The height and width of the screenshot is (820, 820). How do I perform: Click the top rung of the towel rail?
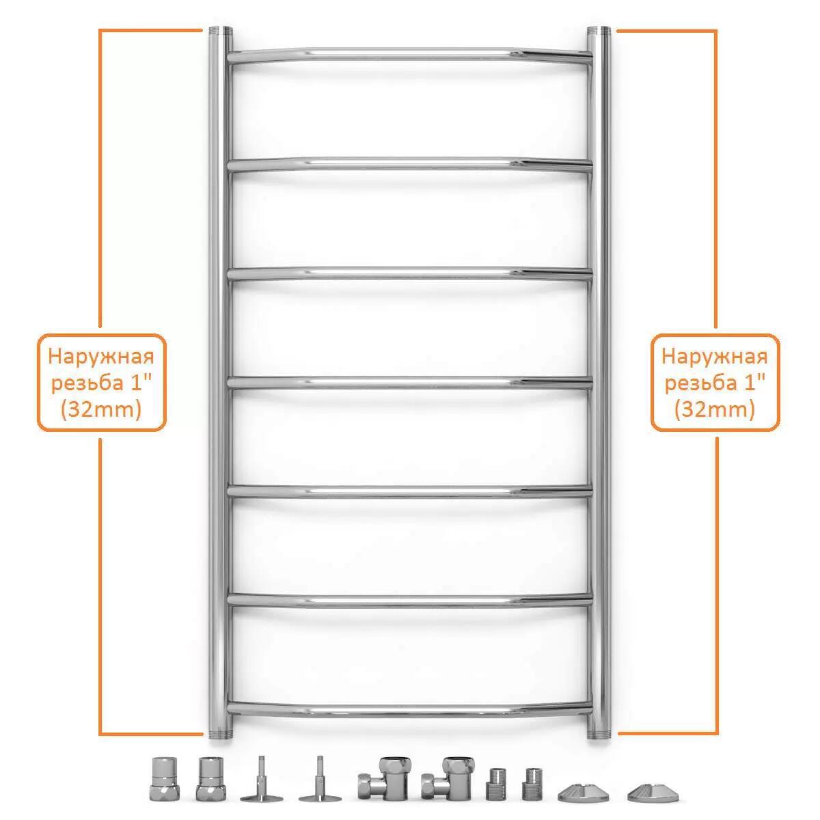click(410, 55)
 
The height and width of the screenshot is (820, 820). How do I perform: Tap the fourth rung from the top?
click(410, 383)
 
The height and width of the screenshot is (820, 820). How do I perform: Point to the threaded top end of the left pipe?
click(221, 31)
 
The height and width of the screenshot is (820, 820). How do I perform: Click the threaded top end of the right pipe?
click(599, 31)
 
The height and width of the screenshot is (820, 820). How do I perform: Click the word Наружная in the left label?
click(101, 357)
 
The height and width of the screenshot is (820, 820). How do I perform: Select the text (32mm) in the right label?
click(715, 410)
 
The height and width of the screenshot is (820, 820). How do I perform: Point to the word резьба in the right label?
click(700, 383)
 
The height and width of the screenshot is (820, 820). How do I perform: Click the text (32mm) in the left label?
click(101, 410)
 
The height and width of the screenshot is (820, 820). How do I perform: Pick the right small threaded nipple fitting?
click(532, 784)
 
